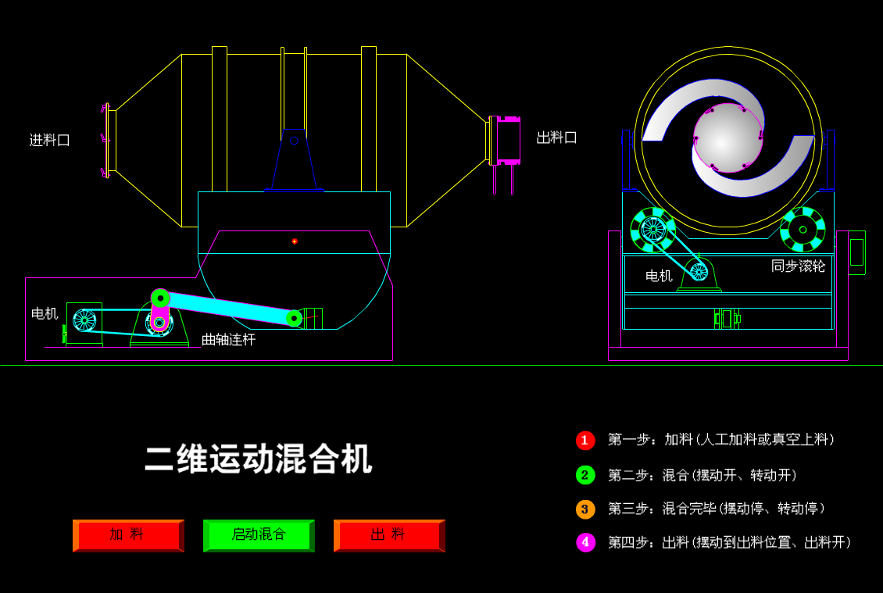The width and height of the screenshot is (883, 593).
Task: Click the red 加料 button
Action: tap(128, 535)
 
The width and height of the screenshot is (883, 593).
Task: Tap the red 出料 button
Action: tap(389, 535)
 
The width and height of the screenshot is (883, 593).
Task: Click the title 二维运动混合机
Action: tap(259, 459)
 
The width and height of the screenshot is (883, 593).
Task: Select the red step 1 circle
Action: tap(585, 440)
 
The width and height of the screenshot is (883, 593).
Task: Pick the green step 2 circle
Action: tap(585, 475)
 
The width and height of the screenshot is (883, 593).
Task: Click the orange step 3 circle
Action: tap(585, 509)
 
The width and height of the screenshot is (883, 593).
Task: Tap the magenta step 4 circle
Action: tap(585, 542)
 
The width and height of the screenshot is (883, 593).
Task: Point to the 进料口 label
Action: tap(50, 141)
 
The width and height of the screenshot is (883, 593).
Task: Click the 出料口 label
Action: tap(556, 138)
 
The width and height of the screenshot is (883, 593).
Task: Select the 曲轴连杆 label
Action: tap(228, 340)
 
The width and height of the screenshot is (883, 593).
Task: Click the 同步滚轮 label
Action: tap(798, 266)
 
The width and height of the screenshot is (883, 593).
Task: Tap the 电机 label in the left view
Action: tap(45, 314)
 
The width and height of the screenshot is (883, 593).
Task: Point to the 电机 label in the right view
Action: tap(659, 276)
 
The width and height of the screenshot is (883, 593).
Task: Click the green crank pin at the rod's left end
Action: tap(160, 298)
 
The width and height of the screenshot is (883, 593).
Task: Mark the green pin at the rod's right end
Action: tap(294, 318)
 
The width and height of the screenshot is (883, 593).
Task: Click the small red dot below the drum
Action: tap(295, 241)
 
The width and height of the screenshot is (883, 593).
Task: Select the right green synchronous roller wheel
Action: tap(803, 230)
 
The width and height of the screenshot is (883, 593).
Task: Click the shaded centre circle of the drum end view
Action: tap(727, 138)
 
